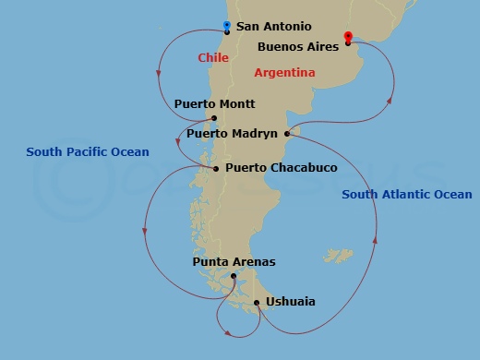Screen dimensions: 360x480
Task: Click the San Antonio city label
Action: pos(274,28)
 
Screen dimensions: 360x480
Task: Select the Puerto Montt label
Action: pos(214,104)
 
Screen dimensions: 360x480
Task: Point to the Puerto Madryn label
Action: pos(232,134)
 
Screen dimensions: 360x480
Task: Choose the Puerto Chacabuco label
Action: pos(268,168)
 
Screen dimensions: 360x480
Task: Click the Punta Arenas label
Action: pos(234,262)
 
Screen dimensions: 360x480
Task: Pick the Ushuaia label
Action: pos(290,302)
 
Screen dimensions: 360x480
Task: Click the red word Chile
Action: pos(212,58)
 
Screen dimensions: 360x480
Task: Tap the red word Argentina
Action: pos(284,72)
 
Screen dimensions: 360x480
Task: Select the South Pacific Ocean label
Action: pos(88,151)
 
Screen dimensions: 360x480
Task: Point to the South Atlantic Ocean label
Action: pos(406,195)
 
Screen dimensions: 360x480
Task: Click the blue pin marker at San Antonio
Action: pos(227,26)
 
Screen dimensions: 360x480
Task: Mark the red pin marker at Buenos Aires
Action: pos(347,37)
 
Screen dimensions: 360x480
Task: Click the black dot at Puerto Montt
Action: pos(214,118)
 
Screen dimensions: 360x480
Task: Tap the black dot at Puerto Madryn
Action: pos(287,134)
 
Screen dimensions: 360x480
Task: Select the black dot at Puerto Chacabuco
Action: pos(216,169)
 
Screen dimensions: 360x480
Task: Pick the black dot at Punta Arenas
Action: pos(234,276)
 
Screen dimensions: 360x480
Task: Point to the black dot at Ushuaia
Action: pos(257,303)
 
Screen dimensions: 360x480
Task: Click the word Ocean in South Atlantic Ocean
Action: pos(451,195)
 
